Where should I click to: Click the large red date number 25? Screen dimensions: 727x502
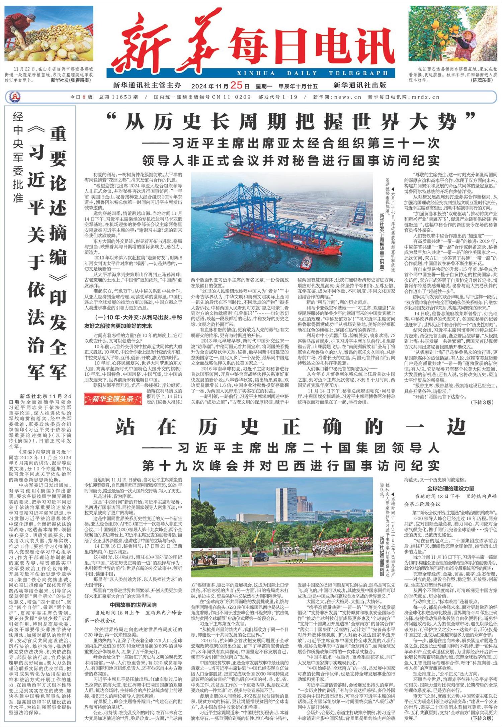pyautogui.click(x=236, y=85)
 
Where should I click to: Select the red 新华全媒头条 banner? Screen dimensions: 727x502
pyautogui.click(x=113, y=399)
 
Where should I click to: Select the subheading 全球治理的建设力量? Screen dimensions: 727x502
pyautogui.click(x=450, y=488)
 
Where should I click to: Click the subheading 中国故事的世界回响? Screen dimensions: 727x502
pyautogui.click(x=133, y=605)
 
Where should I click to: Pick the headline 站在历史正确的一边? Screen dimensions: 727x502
pyautogui.click(x=290, y=427)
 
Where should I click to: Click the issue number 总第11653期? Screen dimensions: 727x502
pyautogui.click(x=118, y=97)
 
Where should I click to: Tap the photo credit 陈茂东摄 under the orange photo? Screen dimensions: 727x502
pyautogui.click(x=482, y=81)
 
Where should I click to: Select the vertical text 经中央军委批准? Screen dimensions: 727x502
pyautogui.click(x=18, y=157)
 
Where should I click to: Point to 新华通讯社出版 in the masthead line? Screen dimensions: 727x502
pyautogui.click(x=359, y=85)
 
